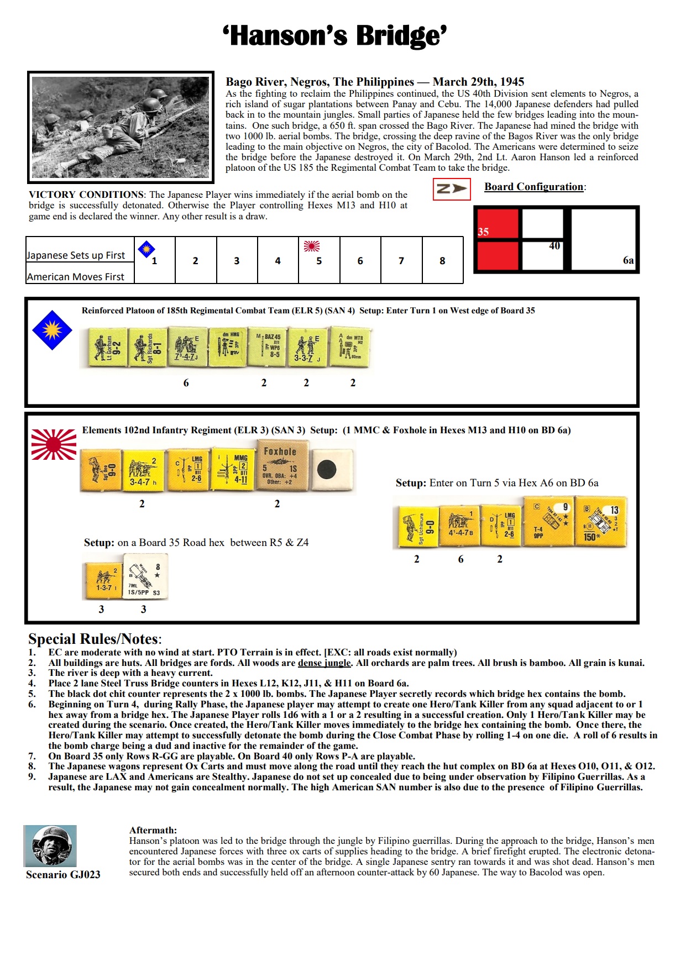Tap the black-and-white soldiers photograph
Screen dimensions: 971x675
(121, 127)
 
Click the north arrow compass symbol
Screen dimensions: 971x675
(452, 189)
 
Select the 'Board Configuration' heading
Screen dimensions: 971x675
(533, 187)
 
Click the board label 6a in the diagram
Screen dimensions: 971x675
(628, 260)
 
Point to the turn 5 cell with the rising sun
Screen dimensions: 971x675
(319, 260)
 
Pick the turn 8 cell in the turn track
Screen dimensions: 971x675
(442, 260)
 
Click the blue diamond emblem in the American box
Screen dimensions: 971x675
(52, 330)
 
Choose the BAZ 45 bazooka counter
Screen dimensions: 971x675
(266, 347)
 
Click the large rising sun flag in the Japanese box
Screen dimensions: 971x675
(54, 444)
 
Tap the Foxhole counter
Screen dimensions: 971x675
(280, 465)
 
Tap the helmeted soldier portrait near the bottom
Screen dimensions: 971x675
(50, 846)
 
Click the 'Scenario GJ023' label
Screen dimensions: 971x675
(63, 874)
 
